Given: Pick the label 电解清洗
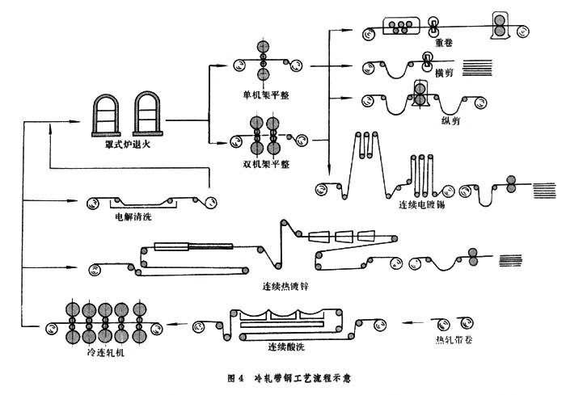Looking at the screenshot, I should point(134,217).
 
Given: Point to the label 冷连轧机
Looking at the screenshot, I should point(103,352).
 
